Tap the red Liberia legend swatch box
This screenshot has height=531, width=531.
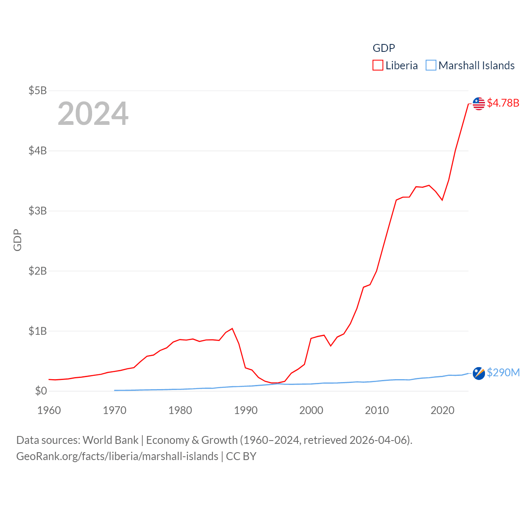coord(378,66)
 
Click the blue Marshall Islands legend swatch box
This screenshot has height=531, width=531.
coord(431,66)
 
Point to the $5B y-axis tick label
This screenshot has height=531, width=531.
coord(37,90)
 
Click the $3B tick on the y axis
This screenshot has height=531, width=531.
coord(37,211)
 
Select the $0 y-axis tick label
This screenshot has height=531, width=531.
coord(41,391)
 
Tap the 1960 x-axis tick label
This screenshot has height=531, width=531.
coord(49,410)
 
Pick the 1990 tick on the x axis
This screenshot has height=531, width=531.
coord(246,410)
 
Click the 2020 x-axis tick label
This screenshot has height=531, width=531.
coord(442,410)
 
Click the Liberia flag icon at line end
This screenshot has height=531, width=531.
coord(479,104)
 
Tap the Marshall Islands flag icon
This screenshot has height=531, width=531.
coord(479,373)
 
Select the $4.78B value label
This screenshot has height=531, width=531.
coord(503,103)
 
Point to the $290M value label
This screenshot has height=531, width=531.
coord(503,373)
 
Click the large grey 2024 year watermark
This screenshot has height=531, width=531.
coord(93,114)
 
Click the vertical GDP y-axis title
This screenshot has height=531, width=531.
coord(17,240)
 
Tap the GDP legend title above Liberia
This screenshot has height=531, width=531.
coord(384,48)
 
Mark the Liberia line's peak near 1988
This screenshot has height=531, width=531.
coord(232,329)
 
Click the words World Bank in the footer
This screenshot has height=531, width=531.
coord(110,440)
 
